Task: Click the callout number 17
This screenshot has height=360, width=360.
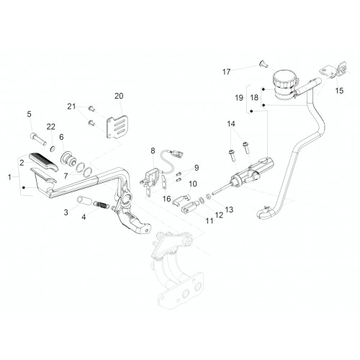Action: [x=226, y=72]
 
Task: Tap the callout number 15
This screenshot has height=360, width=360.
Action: [x=339, y=91]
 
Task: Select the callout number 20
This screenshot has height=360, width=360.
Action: [x=119, y=96]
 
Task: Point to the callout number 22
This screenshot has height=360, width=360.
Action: [x=51, y=127]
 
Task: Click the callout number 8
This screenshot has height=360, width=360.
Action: [x=153, y=150]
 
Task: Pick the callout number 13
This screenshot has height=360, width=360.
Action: [x=229, y=210]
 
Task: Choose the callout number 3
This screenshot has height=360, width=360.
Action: [x=66, y=212]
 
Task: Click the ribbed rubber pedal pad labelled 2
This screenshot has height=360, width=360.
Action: [x=43, y=161]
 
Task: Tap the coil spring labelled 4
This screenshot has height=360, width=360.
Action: [x=101, y=204]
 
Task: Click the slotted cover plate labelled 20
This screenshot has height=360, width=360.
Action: [x=117, y=127]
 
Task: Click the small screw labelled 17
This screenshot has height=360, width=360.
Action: [x=264, y=64]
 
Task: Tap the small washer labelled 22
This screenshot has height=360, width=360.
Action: [x=53, y=149]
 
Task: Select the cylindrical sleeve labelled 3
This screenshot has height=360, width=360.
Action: [x=82, y=200]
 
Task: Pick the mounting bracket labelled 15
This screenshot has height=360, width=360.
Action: [x=334, y=71]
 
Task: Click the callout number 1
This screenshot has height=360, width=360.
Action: [x=9, y=177]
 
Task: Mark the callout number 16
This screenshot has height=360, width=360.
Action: [x=166, y=199]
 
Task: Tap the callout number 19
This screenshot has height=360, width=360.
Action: [x=239, y=98]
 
